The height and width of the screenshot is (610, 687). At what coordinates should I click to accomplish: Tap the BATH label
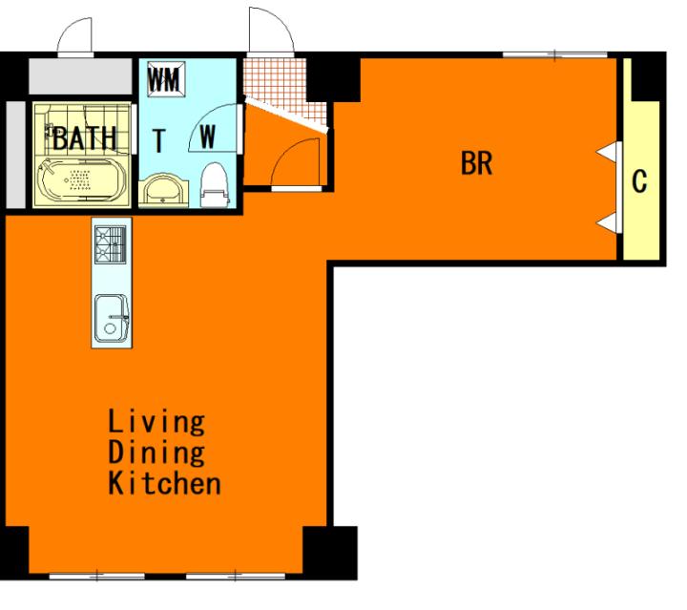point(85,138)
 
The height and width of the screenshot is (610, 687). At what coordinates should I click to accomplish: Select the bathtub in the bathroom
point(82,179)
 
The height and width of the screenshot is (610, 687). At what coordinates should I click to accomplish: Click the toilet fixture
point(215,185)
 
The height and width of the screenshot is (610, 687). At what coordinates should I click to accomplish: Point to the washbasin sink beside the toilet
point(163,190)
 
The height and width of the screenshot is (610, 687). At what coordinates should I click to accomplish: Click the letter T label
point(159,140)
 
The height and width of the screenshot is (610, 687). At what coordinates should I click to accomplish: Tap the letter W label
point(208,137)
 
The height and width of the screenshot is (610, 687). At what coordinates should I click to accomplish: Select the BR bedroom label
point(477,163)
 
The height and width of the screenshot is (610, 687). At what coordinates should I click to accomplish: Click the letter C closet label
point(639,181)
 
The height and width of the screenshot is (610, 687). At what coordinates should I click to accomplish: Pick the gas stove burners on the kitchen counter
point(111,244)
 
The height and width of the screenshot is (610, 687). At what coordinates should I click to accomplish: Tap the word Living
point(156,423)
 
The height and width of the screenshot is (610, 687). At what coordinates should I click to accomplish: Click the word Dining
point(156,452)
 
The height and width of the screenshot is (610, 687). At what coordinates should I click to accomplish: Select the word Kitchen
point(164,482)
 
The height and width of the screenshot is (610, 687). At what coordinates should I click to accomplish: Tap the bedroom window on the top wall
point(554,55)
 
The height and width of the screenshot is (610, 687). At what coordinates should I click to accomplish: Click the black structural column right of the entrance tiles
point(333,77)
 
